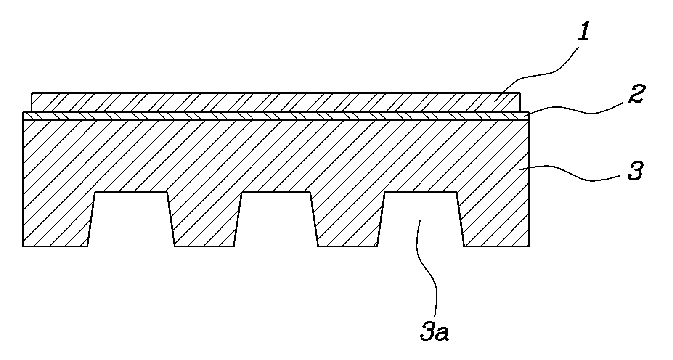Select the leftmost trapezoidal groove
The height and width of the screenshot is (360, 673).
131,220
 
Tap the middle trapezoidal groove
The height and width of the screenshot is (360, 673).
276,220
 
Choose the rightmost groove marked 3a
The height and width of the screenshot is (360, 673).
421,220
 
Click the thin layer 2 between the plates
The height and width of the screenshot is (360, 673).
276,116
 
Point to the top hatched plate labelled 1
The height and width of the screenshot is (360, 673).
276,103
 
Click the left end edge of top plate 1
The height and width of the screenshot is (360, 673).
32,103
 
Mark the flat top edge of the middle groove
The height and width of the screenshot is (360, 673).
276,192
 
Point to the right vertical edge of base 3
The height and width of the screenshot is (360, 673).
529,180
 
